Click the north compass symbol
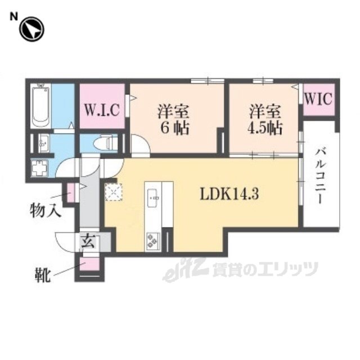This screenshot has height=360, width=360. point(32,29)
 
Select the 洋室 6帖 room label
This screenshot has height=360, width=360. point(173,119)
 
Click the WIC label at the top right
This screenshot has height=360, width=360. point(319,100)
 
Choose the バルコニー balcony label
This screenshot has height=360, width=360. point(321,177)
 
